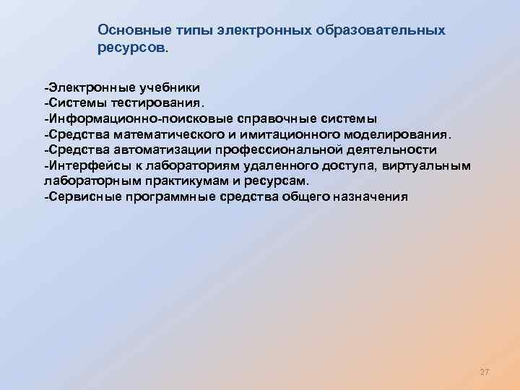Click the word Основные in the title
(x=128, y=31)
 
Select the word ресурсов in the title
(x=131, y=48)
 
